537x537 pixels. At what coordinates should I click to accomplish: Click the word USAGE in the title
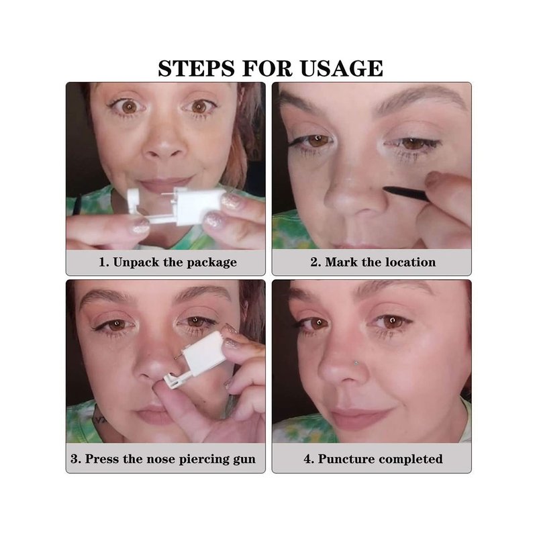[x=342, y=68]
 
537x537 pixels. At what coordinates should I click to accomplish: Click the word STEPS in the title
[x=197, y=68]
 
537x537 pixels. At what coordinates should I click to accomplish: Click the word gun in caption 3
[x=244, y=460]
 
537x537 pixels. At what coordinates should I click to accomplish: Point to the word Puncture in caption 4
[x=344, y=459]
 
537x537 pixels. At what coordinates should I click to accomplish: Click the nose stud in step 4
[x=356, y=362]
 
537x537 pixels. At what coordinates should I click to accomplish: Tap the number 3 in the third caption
[x=74, y=459]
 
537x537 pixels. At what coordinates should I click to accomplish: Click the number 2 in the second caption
[x=314, y=262]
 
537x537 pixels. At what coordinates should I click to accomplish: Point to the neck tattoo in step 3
[x=99, y=419]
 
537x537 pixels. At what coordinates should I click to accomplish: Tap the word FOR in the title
[x=267, y=68]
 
